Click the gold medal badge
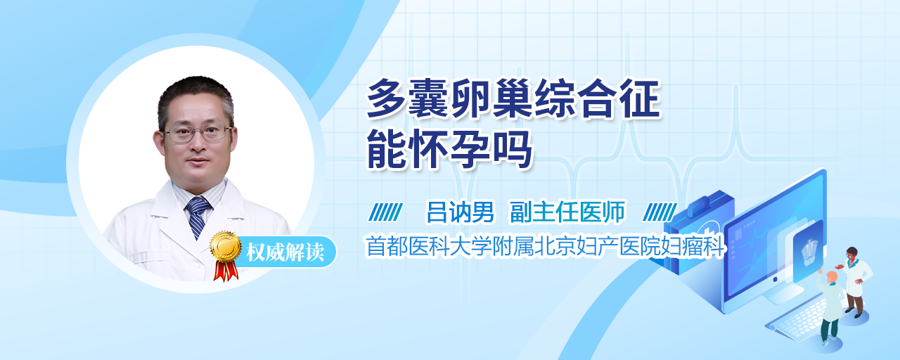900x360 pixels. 226,245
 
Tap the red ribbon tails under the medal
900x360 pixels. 226,271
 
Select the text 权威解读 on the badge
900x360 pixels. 285,252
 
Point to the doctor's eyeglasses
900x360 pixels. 198,134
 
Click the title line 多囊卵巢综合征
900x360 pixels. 513,99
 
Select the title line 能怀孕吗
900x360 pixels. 449,149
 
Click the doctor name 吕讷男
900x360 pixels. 460,212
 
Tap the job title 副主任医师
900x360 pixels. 567,212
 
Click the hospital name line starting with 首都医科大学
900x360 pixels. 545,246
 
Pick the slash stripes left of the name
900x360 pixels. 385,212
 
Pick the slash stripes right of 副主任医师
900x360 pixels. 660,212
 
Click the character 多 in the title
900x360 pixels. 386,99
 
